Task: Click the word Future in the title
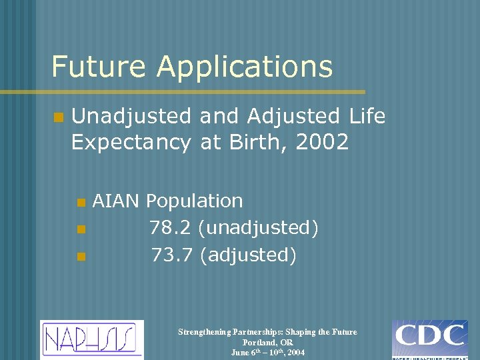coord(99,67)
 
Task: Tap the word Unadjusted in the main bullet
coord(133,117)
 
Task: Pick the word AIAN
coord(116,201)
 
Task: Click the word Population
coord(195,201)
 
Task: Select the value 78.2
coord(170,228)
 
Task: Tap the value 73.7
coord(171,255)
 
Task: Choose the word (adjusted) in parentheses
coord(247,255)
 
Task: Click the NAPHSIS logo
coord(92,339)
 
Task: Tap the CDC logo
coord(429,339)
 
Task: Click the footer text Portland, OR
coord(267,342)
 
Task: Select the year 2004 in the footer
coord(294,353)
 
